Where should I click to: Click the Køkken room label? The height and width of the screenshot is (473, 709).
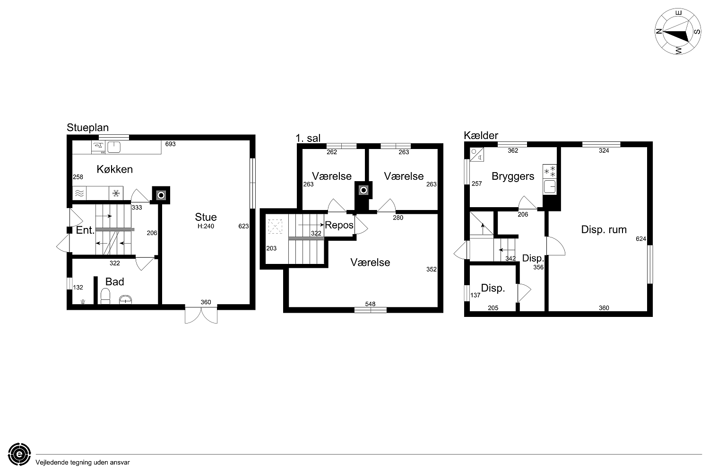(114, 169)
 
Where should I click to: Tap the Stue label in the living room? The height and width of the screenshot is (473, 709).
(206, 217)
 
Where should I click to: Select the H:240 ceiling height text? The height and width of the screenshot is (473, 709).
(206, 226)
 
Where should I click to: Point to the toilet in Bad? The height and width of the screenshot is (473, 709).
(105, 296)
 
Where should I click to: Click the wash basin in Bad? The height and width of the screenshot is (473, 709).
(125, 299)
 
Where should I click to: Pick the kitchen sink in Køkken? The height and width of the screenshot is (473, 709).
(113, 147)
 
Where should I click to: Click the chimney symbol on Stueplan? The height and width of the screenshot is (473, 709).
(161, 195)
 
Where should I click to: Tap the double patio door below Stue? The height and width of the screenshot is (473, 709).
(201, 315)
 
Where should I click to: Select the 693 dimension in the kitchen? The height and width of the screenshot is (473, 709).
(170, 144)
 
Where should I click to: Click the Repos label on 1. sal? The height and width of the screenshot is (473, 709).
(339, 225)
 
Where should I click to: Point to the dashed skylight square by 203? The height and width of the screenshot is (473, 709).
(275, 226)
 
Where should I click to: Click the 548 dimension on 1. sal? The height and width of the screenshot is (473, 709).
(370, 304)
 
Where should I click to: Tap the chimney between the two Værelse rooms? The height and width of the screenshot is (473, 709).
(363, 190)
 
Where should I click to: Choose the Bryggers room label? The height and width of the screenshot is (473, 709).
(513, 176)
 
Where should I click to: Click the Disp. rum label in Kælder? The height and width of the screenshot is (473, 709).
(604, 229)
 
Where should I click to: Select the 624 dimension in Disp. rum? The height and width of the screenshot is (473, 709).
(641, 239)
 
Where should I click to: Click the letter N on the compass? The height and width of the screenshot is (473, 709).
(659, 31)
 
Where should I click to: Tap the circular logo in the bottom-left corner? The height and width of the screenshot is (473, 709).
(19, 454)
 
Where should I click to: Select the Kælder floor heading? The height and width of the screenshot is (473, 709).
(481, 135)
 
